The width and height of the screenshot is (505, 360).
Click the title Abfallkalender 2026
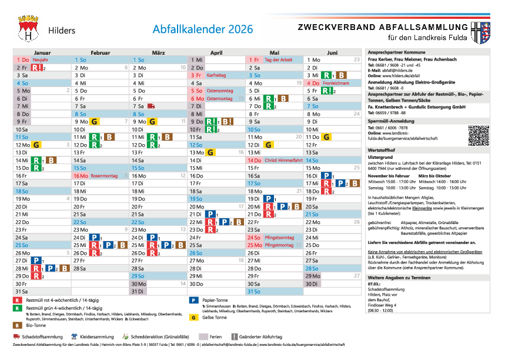(203, 29)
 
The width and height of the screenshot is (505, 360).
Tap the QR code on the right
(479, 135)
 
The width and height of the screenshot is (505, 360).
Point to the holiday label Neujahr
(41, 60)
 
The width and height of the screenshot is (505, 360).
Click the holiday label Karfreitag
(216, 75)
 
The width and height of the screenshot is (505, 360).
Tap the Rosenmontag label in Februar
(105, 175)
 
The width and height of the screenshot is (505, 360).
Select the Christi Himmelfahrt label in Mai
(279, 160)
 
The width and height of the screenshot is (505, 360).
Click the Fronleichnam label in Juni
(337, 83)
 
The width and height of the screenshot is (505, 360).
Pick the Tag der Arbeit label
(279, 60)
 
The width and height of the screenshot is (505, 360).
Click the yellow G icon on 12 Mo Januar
(36, 145)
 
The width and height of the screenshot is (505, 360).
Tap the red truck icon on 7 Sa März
(151, 106)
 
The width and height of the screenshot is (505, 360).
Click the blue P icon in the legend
(193, 299)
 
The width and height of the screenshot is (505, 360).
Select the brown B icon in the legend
(17, 325)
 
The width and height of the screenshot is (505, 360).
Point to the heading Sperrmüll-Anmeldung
(391, 121)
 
